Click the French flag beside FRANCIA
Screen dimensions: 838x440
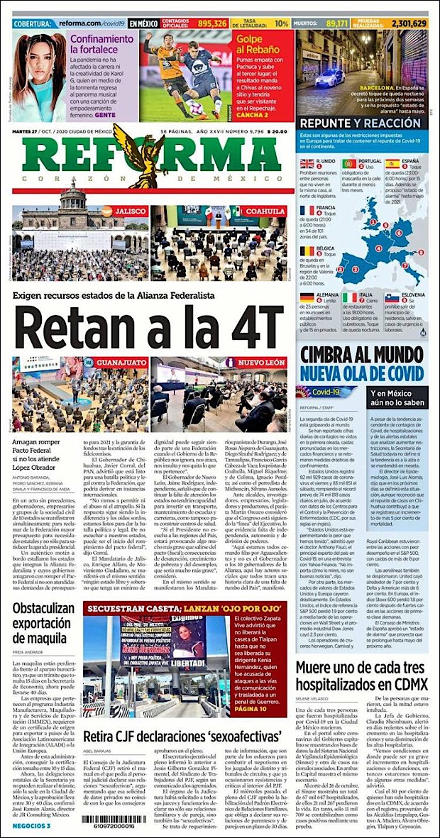point(307,210)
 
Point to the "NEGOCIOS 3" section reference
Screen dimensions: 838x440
point(32,826)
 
